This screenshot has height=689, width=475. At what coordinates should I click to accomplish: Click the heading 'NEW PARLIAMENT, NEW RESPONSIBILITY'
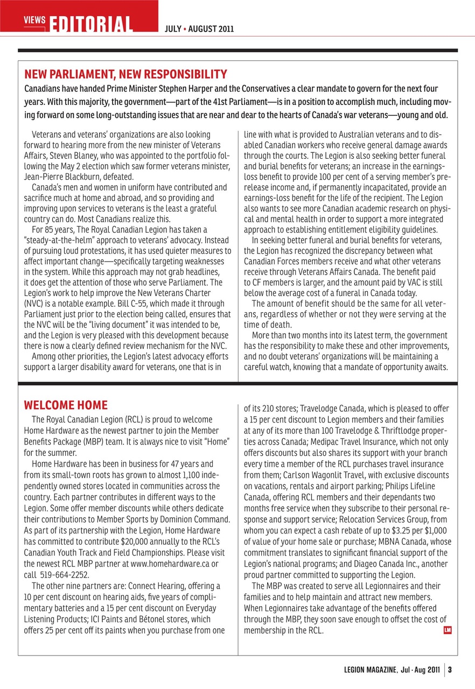coord(125,74)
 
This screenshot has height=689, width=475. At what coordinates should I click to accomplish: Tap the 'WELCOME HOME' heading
coord(66,405)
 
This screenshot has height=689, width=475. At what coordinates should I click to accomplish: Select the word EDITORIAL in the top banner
coord(92,24)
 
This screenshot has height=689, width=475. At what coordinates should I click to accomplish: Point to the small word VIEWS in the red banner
coord(34,19)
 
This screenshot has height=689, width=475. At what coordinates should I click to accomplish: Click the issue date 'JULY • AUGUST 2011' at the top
coord(199,29)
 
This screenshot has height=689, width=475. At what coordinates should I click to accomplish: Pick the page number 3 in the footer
coord(450,671)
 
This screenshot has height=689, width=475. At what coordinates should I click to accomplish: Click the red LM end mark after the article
coord(446,630)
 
